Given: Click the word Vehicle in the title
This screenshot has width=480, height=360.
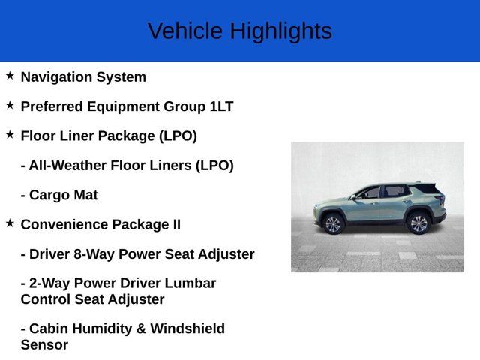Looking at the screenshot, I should tap(185, 31).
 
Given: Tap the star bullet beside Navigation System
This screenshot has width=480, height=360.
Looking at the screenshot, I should tap(10, 76).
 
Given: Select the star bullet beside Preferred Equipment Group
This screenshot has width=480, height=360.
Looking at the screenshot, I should tap(10, 105).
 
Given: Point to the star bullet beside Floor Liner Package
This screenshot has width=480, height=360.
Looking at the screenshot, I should tap(10, 135).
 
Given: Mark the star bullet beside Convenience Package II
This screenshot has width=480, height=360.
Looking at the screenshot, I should tap(10, 223).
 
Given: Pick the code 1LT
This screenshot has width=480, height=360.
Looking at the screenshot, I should tap(221, 106).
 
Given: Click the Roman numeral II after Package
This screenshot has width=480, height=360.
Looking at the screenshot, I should tap(174, 224).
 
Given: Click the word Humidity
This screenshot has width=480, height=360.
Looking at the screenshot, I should tap(100, 328).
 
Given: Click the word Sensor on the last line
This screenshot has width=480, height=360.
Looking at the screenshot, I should tap(44, 345).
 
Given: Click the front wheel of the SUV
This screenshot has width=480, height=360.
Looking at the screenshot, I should tap(332, 223).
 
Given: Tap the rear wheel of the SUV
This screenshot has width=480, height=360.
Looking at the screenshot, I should tap(418, 223).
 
